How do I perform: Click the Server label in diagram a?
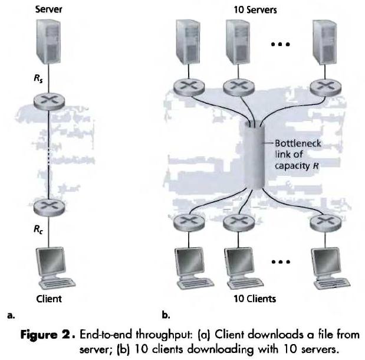coord(49,9)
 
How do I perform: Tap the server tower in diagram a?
coord(50,41)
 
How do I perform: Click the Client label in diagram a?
coord(49,299)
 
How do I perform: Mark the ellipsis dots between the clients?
coord(279,259)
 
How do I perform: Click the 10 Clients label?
coord(254,299)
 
